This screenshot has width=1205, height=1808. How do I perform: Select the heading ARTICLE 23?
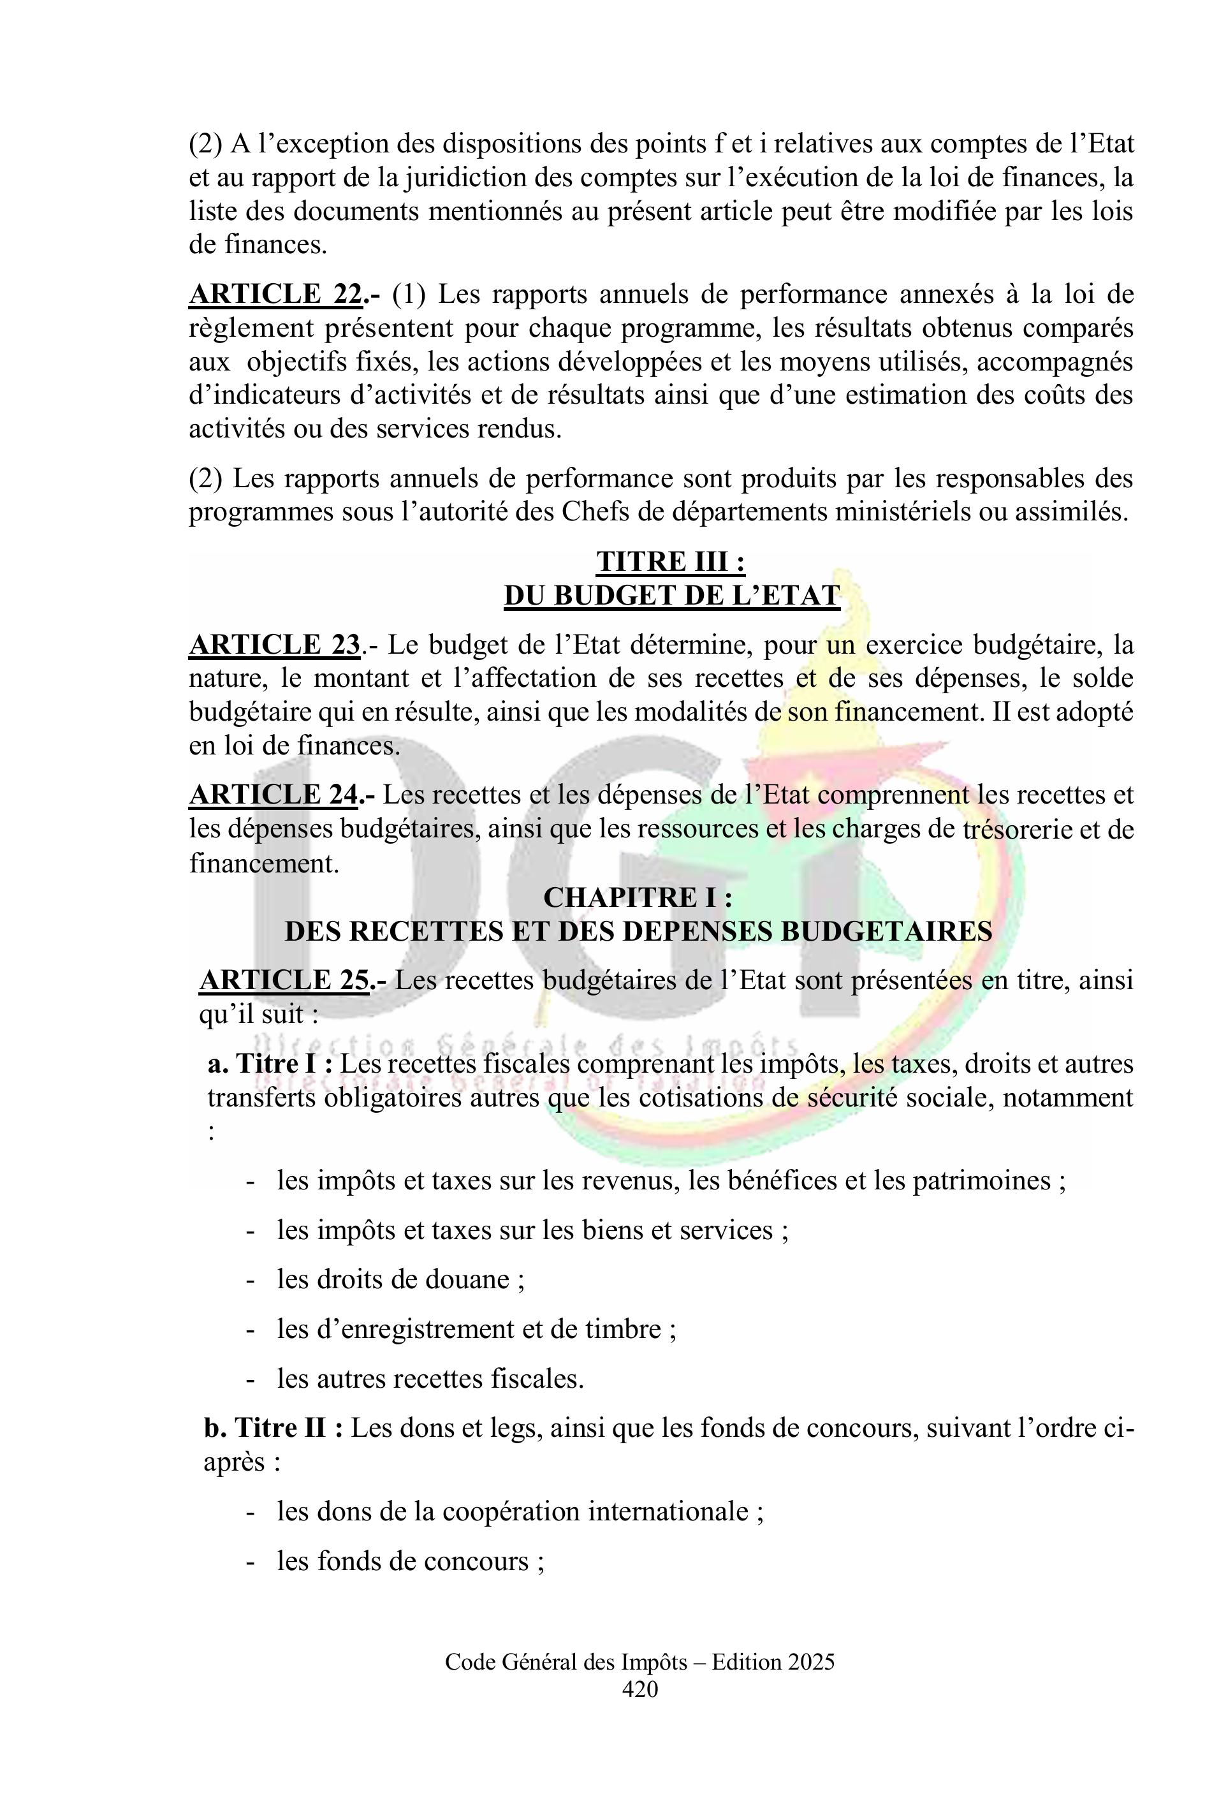274,644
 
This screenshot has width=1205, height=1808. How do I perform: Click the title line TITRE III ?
671,561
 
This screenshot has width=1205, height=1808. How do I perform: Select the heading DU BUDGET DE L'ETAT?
671,596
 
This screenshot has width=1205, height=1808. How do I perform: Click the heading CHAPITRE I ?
637,898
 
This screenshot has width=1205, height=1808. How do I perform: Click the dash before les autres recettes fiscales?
250,1379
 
